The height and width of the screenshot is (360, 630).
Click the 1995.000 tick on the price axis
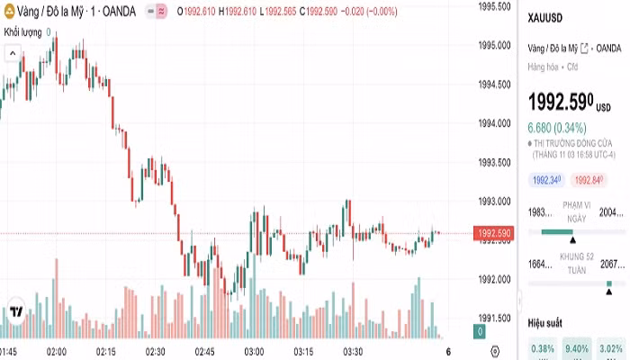point(493,45)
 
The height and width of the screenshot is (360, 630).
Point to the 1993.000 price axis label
point(493,201)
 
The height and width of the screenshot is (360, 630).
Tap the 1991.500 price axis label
point(493,318)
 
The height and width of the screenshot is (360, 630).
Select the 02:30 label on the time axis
point(155,351)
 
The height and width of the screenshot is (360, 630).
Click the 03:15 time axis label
point(303,351)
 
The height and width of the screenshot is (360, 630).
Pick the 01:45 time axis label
point(8,351)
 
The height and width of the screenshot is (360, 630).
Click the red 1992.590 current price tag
point(494,234)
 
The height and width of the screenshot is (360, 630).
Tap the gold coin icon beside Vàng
point(8,11)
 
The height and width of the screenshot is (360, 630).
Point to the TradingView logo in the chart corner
point(16,311)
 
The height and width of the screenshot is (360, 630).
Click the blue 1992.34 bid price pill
point(546,180)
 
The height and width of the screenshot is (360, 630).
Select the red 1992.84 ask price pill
point(589,180)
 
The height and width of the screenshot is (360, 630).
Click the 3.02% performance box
point(610,349)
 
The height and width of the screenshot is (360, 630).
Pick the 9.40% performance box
point(576,349)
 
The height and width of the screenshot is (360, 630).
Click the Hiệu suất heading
point(545,321)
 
